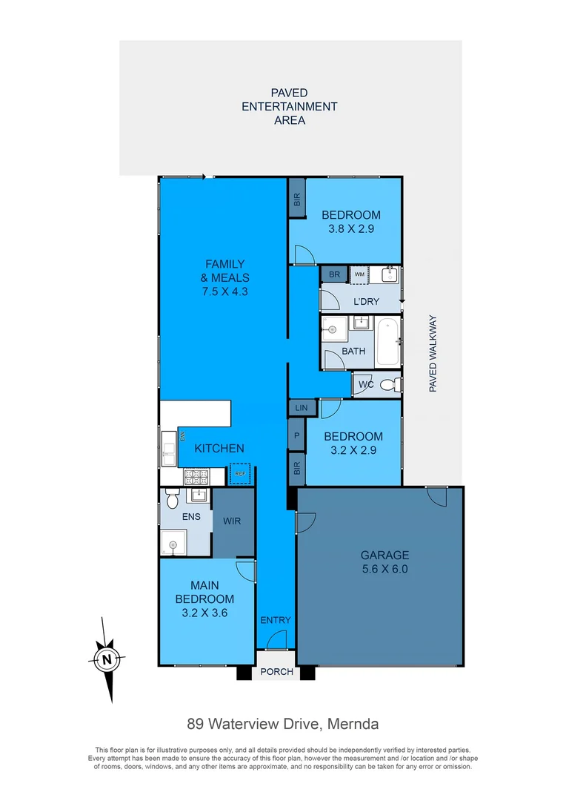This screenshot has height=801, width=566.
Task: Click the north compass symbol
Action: (x=108, y=659)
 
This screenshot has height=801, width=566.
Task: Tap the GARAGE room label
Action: (x=384, y=555)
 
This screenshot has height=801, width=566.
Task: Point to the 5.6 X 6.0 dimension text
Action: (x=384, y=570)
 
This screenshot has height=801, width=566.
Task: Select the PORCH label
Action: (x=276, y=673)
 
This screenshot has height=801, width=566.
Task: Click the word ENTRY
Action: (x=276, y=620)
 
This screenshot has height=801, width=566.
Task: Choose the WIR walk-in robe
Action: (x=232, y=521)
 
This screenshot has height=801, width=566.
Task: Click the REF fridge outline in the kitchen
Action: (x=240, y=474)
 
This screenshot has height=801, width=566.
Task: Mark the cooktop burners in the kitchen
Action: (x=198, y=476)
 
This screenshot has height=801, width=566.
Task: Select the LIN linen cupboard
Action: (x=301, y=408)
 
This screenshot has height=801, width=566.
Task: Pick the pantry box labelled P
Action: (x=296, y=437)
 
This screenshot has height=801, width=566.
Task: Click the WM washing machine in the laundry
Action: (x=359, y=274)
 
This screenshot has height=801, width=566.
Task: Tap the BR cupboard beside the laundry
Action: (x=333, y=274)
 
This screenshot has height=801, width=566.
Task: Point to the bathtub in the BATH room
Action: (x=387, y=341)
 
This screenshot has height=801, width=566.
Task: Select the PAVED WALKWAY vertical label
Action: (x=434, y=354)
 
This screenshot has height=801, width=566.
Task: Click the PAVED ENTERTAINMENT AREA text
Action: (x=290, y=106)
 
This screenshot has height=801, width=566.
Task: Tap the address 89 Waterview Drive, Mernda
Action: (x=282, y=723)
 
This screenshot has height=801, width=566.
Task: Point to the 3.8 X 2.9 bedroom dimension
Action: (x=350, y=229)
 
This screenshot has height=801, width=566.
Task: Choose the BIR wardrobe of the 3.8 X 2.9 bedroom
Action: (x=297, y=199)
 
